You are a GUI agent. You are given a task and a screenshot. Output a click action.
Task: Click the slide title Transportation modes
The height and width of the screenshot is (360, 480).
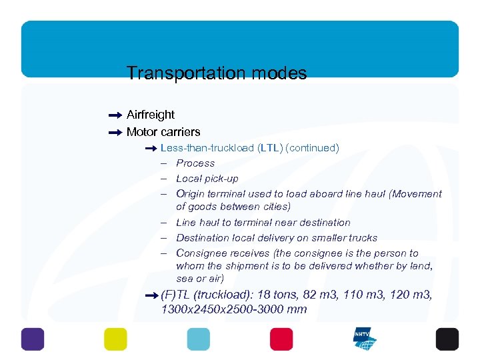coord(217,73)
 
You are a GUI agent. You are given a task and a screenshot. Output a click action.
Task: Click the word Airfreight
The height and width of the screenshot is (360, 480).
coord(151,115)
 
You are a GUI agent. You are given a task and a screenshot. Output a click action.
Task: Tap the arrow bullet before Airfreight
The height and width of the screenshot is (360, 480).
coord(115,115)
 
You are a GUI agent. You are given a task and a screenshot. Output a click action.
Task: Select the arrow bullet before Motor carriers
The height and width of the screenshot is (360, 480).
coord(115,132)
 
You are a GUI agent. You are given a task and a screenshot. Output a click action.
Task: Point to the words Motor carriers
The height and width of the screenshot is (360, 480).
coord(163,132)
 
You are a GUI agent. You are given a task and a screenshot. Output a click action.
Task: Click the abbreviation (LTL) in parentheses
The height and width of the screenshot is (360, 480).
coord(270,148)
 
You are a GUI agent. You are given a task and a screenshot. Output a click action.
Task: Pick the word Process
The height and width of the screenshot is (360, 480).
coord(195,163)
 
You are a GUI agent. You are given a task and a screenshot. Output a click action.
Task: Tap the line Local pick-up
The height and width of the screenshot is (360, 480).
coord(207,179)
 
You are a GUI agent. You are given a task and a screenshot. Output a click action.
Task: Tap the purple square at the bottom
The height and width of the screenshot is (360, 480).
coord(33,339)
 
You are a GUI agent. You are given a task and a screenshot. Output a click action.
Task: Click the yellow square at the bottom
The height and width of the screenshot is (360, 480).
coord(115,339)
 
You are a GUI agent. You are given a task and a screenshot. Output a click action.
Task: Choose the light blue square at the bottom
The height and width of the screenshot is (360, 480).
coord(198,339)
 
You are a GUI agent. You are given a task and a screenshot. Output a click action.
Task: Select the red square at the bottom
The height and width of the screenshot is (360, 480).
coord(281,339)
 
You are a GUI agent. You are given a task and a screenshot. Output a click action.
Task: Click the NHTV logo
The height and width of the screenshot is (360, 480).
coord(365,339)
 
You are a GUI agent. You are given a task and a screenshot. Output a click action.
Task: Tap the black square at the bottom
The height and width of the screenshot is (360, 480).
coord(447,339)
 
